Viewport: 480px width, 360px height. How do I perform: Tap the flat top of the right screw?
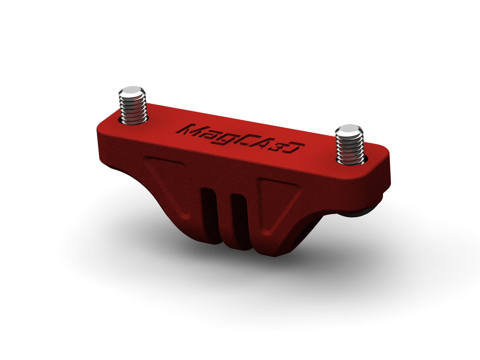[x=349, y=129]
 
